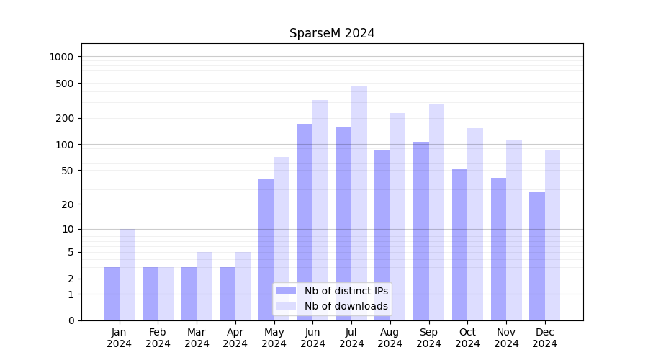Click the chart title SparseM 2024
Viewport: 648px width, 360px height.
pyautogui.click(x=332, y=33)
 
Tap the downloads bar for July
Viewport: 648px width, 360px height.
pyautogui.click(x=359, y=203)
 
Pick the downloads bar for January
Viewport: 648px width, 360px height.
pyautogui.click(x=127, y=274)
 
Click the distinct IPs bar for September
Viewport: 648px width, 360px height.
pyautogui.click(x=421, y=230)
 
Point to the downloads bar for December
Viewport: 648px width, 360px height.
pyautogui.click(x=552, y=235)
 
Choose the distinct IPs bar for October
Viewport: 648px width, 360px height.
pyautogui.click(x=459, y=244)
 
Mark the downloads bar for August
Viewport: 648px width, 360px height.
pyautogui.click(x=397, y=216)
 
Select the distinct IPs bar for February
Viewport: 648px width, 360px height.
pyautogui.click(x=150, y=293)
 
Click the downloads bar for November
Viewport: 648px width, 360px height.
pyautogui.click(x=514, y=230)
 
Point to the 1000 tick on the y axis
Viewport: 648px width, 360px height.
pyautogui.click(x=61, y=57)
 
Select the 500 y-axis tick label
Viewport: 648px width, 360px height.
pyautogui.click(x=64, y=84)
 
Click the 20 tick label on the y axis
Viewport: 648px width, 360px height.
pyautogui.click(x=67, y=204)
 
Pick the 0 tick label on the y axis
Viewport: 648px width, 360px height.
pyautogui.click(x=70, y=320)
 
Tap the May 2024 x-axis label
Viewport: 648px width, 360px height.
pyautogui.click(x=274, y=338)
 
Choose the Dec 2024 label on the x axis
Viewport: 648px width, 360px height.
pyautogui.click(x=545, y=338)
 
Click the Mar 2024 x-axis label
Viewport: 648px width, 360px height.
pyautogui.click(x=197, y=338)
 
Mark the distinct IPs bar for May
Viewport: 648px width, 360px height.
pyautogui.click(x=266, y=249)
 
